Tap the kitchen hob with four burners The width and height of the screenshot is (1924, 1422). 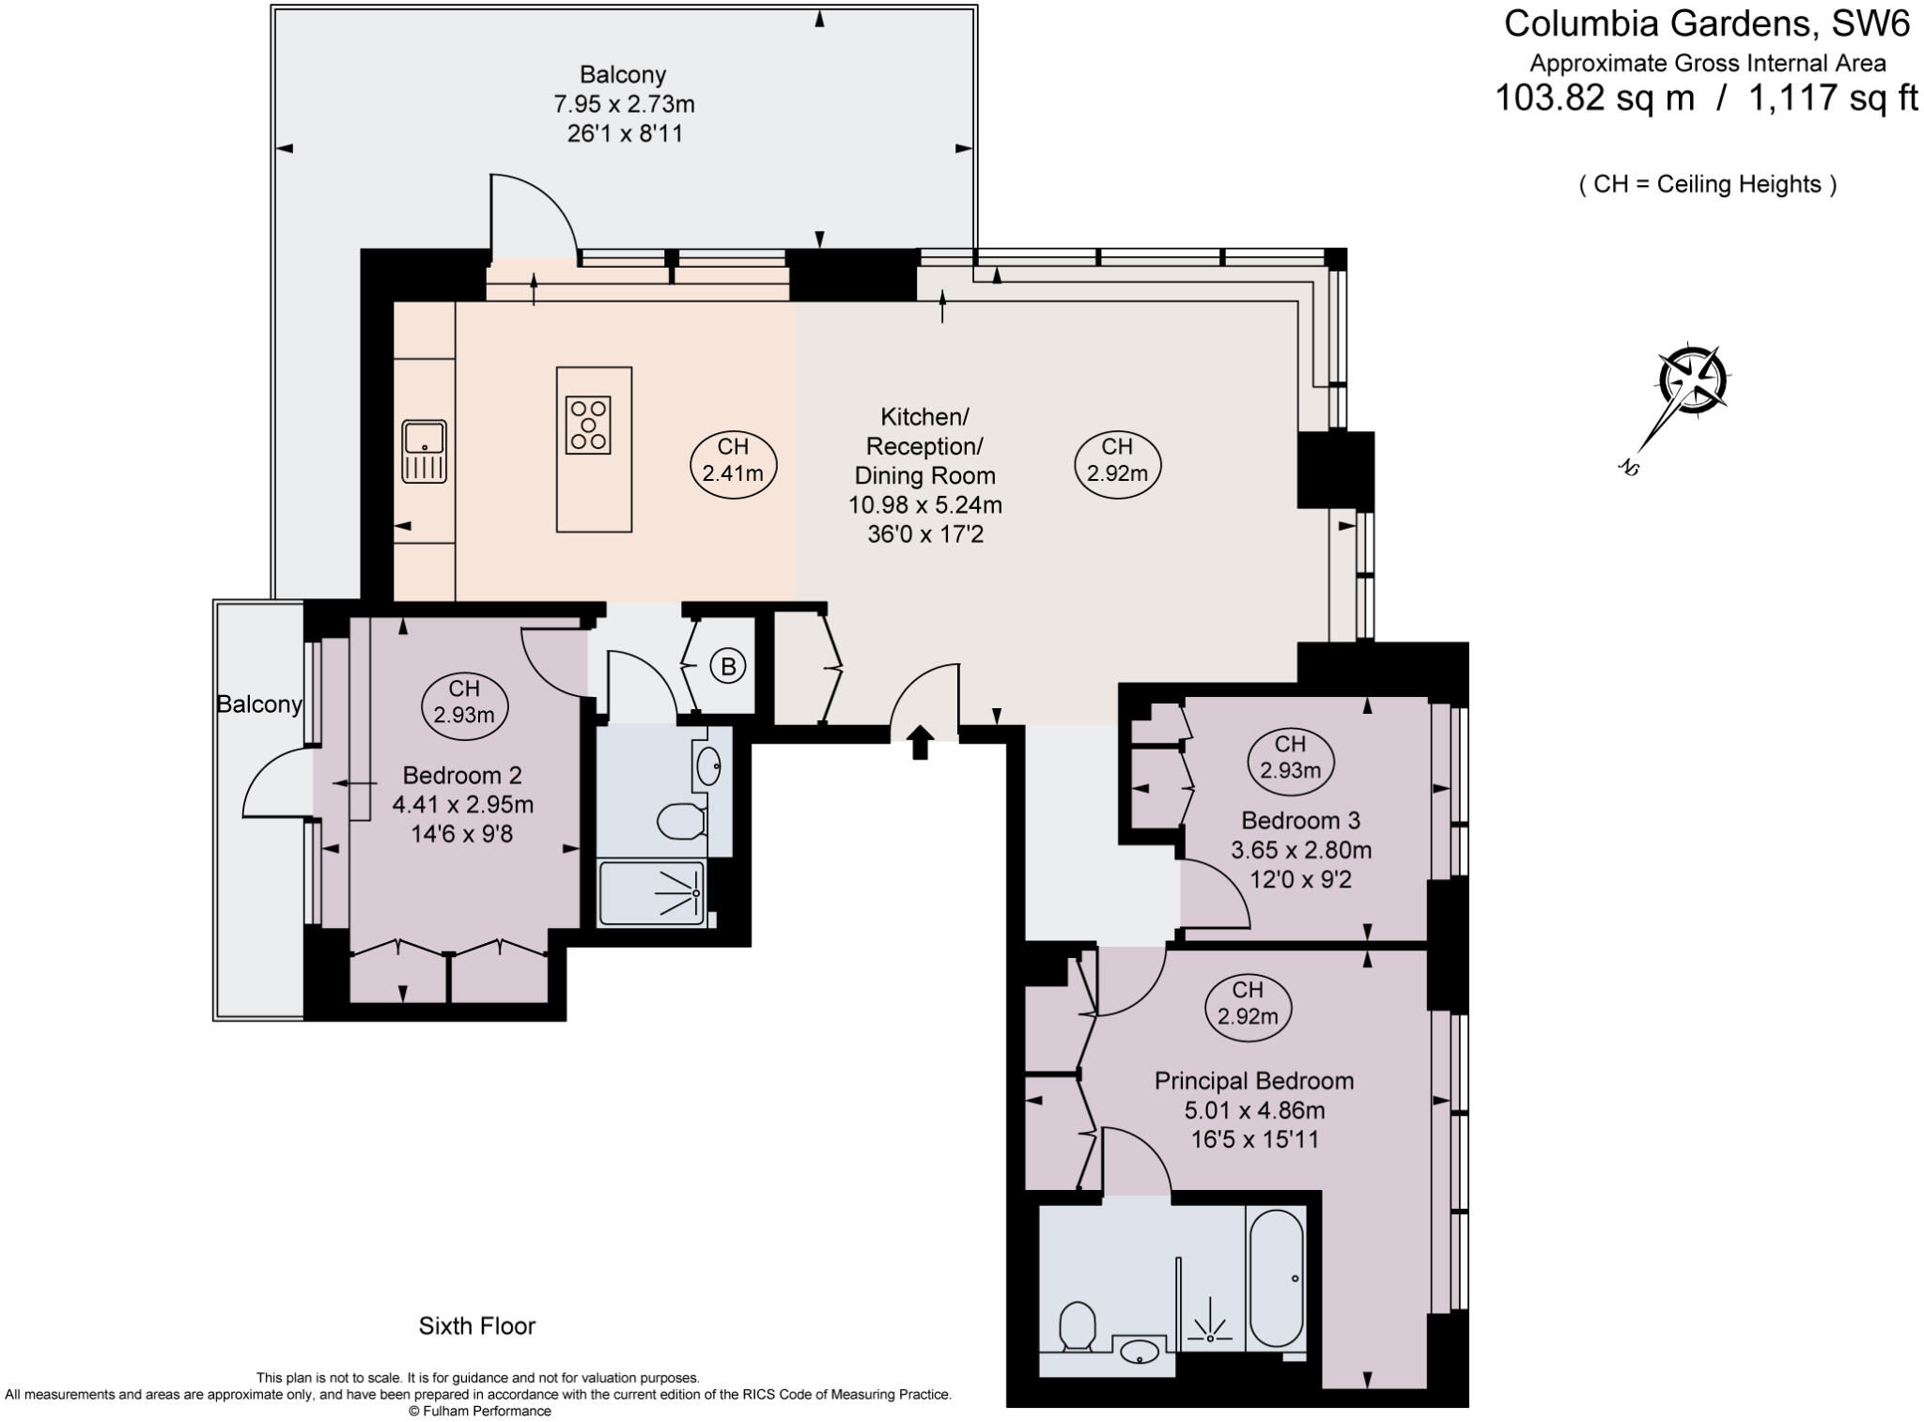589,425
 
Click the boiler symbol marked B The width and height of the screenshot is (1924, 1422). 726,666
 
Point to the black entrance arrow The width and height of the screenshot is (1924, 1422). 921,742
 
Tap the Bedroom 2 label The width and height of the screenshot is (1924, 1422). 461,776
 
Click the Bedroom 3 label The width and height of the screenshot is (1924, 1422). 1300,821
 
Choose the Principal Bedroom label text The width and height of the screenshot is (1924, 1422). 1254,1081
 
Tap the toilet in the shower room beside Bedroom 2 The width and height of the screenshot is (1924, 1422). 680,820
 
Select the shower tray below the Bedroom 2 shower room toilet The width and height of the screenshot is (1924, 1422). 652,892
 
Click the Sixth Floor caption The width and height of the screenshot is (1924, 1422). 477,1326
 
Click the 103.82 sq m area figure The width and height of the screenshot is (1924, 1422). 1594,98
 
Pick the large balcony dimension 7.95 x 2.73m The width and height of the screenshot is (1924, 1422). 624,103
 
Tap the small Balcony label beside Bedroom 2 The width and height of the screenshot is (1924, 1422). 259,704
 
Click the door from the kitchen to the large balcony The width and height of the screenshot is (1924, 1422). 533,216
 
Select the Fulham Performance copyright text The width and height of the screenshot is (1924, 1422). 479,1411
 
